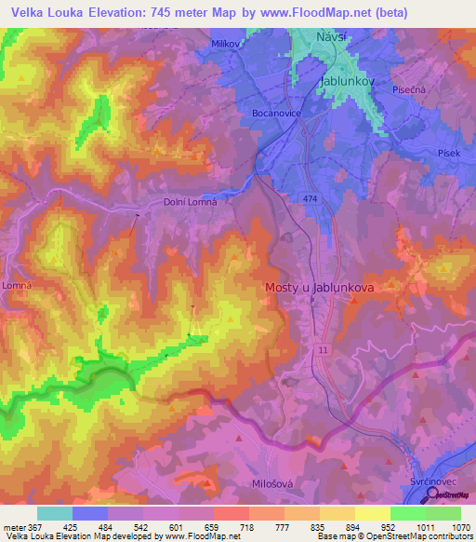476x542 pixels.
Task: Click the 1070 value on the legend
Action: click(x=459, y=526)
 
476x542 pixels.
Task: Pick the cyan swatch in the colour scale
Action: click(x=54, y=513)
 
